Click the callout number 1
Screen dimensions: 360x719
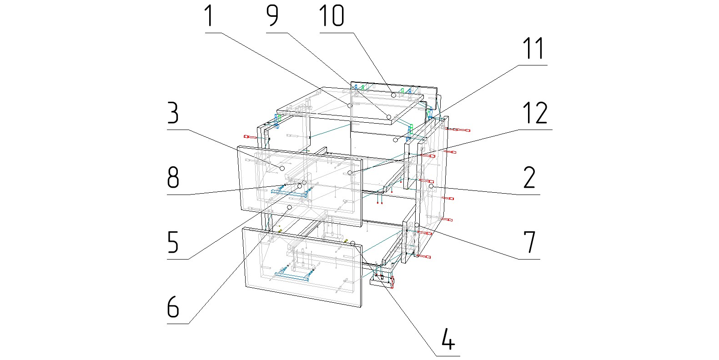(209, 16)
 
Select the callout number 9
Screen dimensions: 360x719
(272, 16)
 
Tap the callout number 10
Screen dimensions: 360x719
(332, 16)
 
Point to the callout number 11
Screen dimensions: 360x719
(533, 49)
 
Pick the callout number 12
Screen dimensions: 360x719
(535, 113)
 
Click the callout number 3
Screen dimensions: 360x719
(173, 113)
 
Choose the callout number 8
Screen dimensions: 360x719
(173, 178)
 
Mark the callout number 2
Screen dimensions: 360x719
(529, 178)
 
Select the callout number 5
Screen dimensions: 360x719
(173, 242)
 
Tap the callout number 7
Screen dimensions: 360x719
(529, 242)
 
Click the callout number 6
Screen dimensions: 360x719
(173, 307)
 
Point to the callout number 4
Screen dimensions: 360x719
(448, 339)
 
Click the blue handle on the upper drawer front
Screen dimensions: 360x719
(289, 193)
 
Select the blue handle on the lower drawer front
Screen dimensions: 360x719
(292, 276)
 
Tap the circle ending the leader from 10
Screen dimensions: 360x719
(393, 95)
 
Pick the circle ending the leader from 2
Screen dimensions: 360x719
(431, 186)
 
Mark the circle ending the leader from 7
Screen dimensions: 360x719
(417, 225)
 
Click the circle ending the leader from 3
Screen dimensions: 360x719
(282, 168)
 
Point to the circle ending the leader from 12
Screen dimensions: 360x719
(350, 173)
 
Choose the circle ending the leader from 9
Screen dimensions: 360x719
(389, 117)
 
